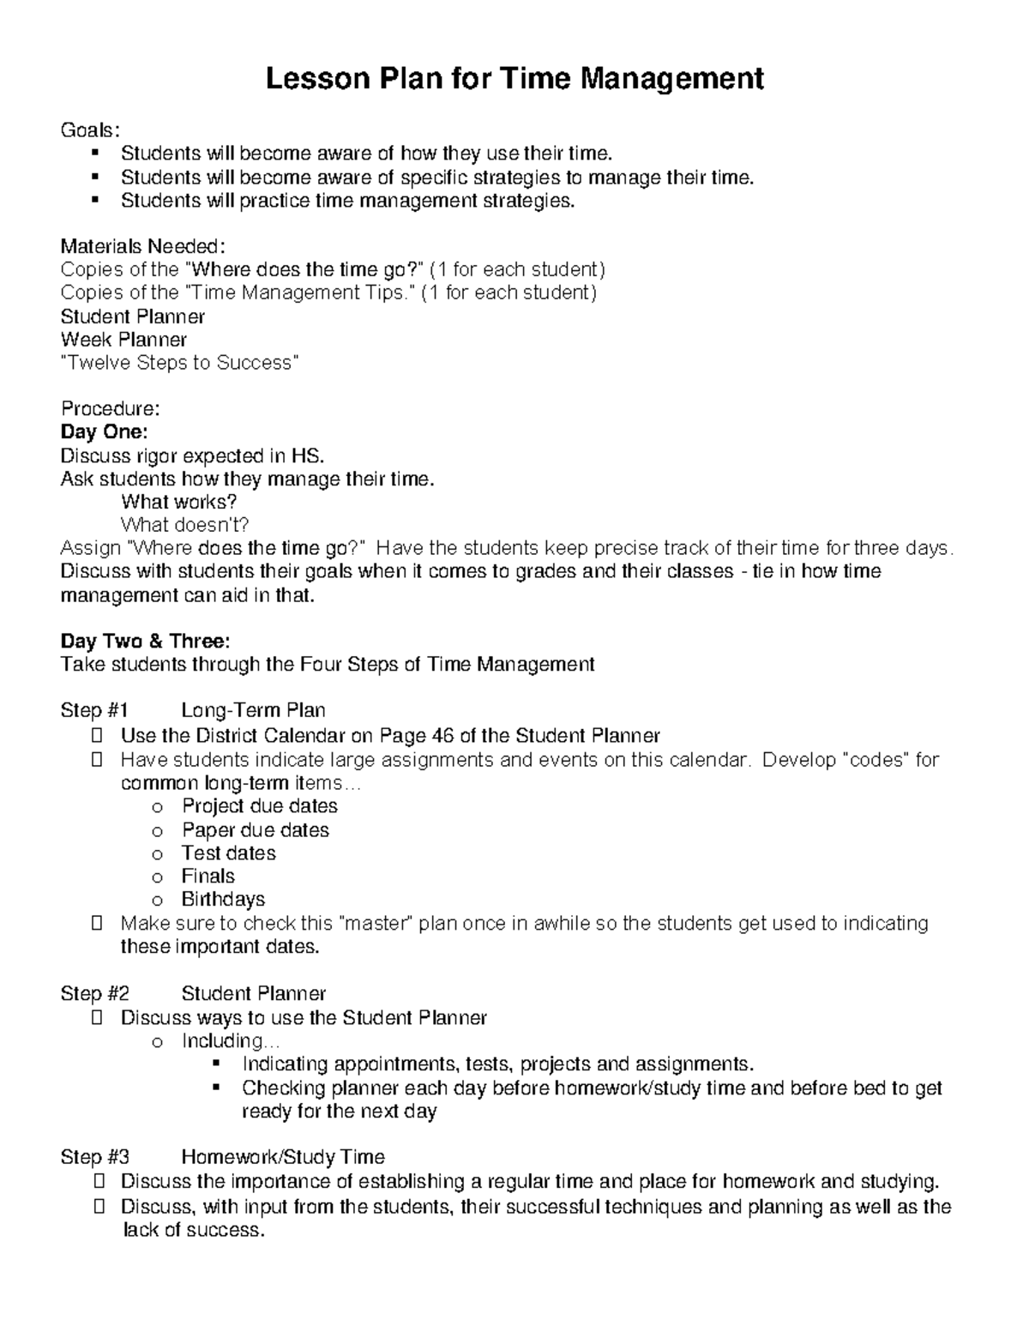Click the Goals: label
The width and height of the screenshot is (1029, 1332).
pyautogui.click(x=90, y=130)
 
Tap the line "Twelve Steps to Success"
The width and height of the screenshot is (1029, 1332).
pyautogui.click(x=180, y=363)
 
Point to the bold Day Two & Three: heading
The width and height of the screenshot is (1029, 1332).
pyautogui.click(x=145, y=641)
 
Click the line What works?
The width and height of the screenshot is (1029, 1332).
pyautogui.click(x=178, y=502)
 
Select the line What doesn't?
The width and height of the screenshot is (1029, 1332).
pyautogui.click(x=184, y=525)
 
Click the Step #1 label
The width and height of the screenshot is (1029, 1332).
pyautogui.click(x=94, y=710)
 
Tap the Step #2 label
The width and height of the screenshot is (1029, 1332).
pyautogui.click(x=94, y=994)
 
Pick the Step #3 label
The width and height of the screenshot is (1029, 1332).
pyautogui.click(x=94, y=1157)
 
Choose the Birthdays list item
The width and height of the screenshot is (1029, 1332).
pyautogui.click(x=223, y=899)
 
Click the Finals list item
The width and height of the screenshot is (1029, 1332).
pyautogui.click(x=208, y=876)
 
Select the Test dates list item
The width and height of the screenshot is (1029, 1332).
pyautogui.click(x=229, y=853)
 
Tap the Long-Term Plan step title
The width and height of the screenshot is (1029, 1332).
pyautogui.click(x=253, y=710)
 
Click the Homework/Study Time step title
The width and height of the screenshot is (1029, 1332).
pyautogui.click(x=283, y=1157)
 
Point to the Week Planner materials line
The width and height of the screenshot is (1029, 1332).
pyautogui.click(x=123, y=340)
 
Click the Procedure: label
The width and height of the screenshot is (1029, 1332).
pyautogui.click(x=110, y=408)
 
